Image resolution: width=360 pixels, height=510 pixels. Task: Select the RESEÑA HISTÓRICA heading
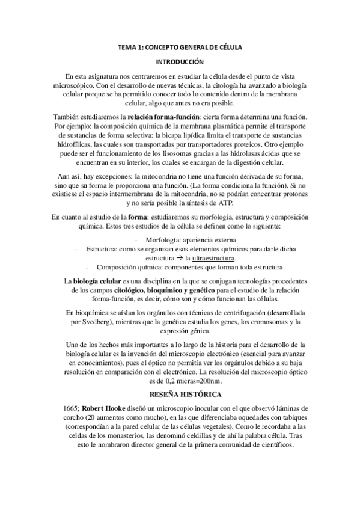click(180, 394)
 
